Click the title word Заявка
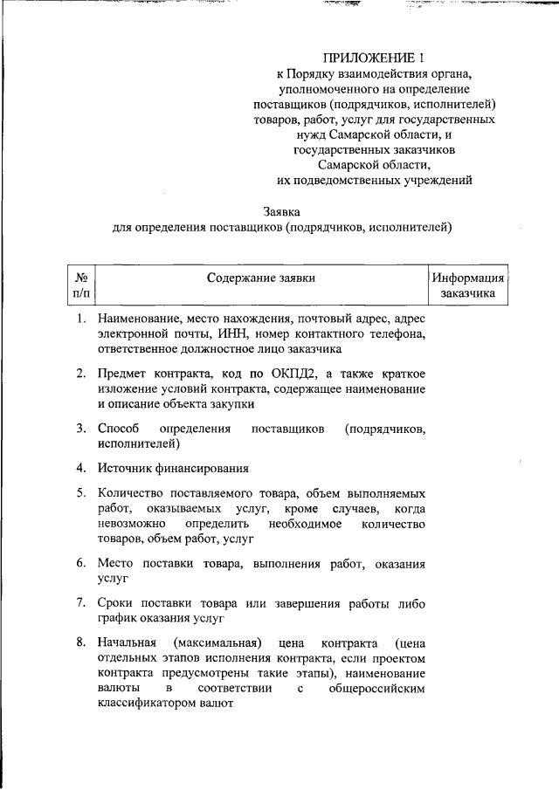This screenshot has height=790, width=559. pyautogui.click(x=282, y=212)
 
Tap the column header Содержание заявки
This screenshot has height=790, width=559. pyautogui.click(x=260, y=278)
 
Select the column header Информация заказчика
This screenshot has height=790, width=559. pyautogui.click(x=467, y=286)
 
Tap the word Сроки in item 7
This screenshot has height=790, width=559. pyautogui.click(x=115, y=603)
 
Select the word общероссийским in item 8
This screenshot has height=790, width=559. pyautogui.click(x=376, y=690)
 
